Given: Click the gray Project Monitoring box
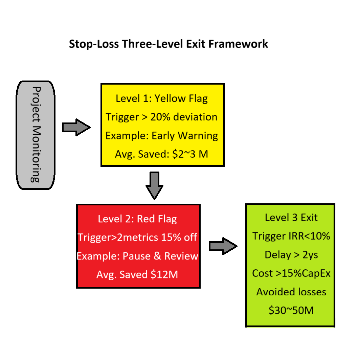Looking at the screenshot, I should [36, 135].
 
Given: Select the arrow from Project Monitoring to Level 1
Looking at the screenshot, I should [76, 128].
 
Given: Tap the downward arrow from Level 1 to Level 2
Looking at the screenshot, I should [155, 185].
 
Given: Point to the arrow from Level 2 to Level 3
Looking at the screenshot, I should [223, 246].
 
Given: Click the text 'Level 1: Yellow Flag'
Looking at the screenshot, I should [161, 98].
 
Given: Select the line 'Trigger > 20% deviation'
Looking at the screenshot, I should [161, 117].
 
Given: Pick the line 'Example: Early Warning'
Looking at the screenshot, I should [161, 136].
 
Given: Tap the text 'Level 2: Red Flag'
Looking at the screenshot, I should [137, 219].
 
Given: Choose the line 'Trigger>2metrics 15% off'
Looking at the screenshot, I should [137, 238].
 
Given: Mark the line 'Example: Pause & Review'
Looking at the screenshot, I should [137, 256].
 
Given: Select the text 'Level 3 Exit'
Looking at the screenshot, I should [291, 218].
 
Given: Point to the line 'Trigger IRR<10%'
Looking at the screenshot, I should [291, 236].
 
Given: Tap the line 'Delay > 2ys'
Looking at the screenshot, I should [291, 255].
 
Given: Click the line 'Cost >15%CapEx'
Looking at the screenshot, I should [291, 273].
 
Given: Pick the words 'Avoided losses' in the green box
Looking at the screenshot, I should [291, 292].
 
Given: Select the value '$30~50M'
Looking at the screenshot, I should [291, 311].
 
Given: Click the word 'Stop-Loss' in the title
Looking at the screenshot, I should [94, 44].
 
